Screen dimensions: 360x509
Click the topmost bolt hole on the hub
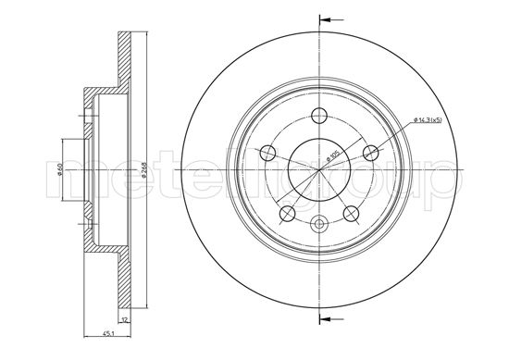click(x=319, y=115)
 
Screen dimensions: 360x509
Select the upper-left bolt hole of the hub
click(x=269, y=153)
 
